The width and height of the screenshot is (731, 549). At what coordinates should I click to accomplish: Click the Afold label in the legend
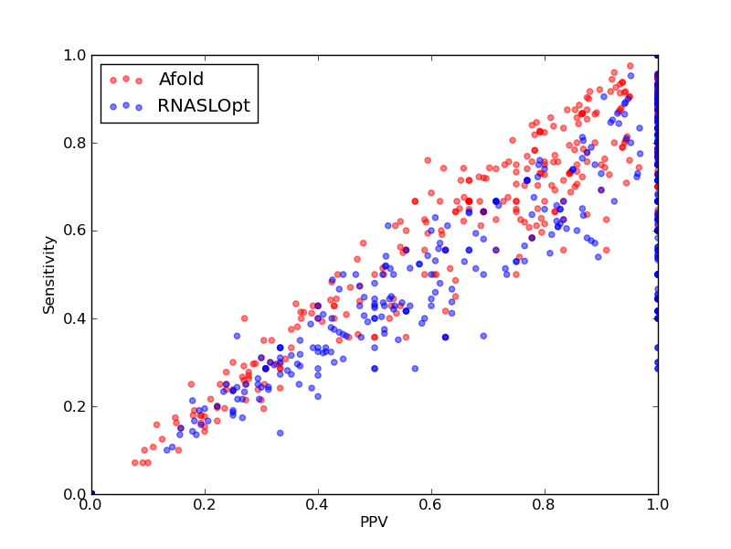181,80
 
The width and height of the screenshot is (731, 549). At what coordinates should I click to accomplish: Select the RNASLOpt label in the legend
204,106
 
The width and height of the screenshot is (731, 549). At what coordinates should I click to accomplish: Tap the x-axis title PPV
374,522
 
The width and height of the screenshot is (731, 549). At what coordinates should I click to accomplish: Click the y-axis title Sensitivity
49,275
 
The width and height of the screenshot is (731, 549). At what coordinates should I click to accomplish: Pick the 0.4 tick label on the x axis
318,505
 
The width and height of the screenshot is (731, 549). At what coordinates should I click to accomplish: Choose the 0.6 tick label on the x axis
431,505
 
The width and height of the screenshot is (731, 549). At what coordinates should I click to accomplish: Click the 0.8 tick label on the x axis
545,505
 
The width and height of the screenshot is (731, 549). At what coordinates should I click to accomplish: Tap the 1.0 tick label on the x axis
658,505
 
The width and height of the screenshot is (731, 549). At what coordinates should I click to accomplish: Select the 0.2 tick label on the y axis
75,406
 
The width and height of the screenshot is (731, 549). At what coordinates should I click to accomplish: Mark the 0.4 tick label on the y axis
75,318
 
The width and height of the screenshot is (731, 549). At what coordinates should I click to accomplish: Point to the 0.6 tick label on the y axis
75,231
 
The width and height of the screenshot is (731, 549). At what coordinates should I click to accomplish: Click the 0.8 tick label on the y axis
75,143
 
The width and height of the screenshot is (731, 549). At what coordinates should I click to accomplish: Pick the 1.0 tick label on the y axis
75,55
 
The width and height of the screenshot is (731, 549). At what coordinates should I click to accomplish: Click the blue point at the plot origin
92,493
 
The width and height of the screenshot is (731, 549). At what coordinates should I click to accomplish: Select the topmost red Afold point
630,66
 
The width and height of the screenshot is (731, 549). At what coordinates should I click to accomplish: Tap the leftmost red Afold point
134,463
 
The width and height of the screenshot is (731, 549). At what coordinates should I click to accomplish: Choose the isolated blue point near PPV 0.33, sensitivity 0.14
281,433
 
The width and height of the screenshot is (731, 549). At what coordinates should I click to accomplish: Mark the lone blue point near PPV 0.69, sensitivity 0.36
483,336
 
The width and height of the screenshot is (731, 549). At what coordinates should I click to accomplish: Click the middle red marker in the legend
126,79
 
